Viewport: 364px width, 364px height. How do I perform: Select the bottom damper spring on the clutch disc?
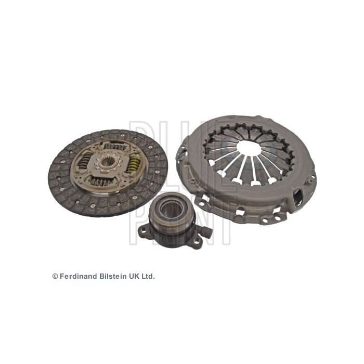click(107, 181)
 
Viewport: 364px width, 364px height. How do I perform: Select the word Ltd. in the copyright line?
click(147, 277)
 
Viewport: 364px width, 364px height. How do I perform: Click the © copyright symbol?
click(55, 277)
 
